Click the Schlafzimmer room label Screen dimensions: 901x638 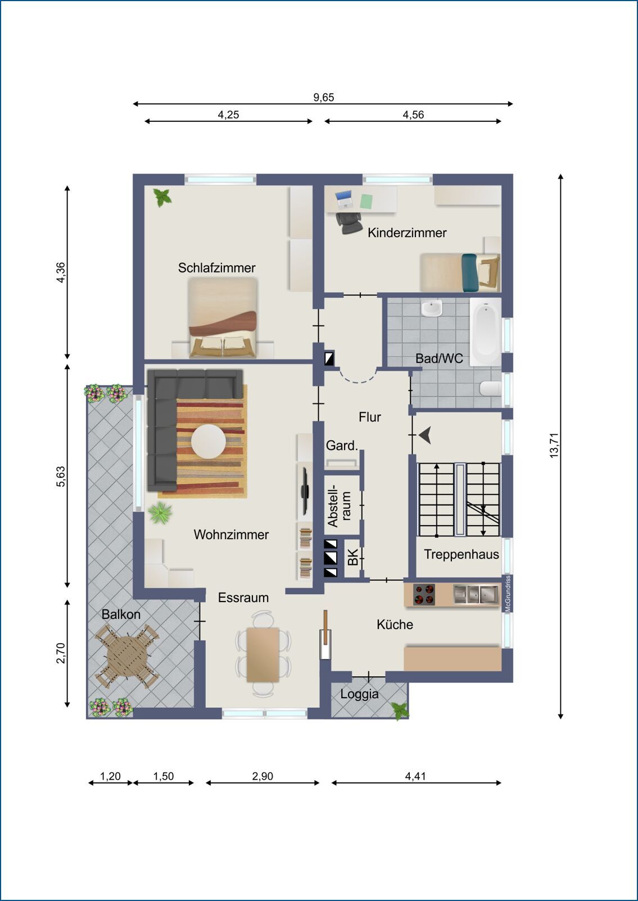click(216, 268)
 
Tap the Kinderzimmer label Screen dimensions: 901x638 click(407, 233)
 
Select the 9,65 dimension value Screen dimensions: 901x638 click(323, 97)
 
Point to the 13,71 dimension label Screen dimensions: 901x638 click(554, 445)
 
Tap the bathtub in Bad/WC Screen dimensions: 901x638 click(485, 331)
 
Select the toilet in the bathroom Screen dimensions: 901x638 click(490, 388)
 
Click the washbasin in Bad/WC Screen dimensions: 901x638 click(431, 308)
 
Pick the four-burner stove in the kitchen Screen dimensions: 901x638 click(424, 595)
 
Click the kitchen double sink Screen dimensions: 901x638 click(476, 594)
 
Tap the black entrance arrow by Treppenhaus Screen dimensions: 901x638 click(425, 435)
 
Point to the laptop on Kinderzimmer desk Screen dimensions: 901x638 click(344, 198)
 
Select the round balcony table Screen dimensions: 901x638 click(127, 656)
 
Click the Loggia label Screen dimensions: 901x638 click(359, 694)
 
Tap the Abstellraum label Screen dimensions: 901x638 click(339, 506)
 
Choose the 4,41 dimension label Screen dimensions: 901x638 click(415, 776)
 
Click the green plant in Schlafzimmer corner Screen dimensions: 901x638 click(162, 197)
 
